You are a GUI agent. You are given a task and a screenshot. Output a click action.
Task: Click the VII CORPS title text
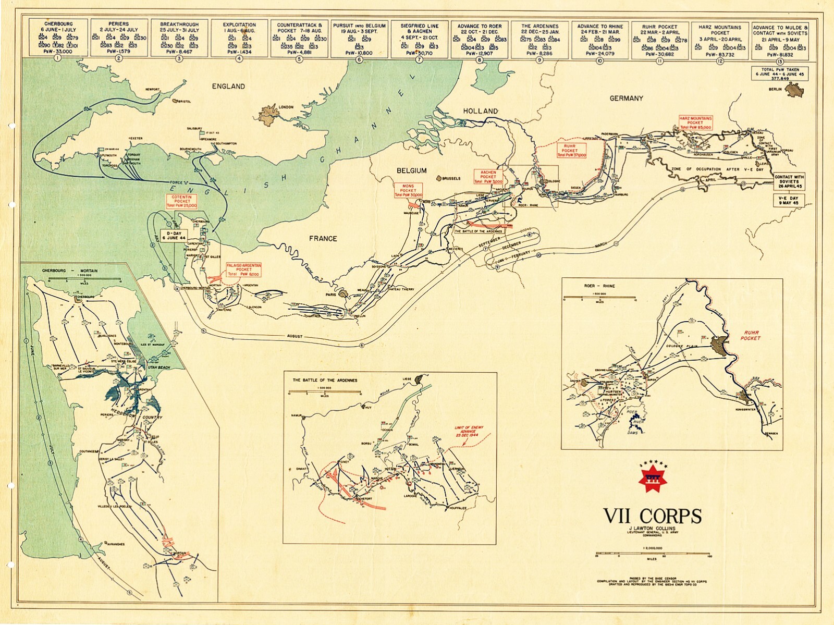[652, 516]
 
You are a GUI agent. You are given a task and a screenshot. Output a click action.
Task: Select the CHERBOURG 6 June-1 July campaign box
[58, 38]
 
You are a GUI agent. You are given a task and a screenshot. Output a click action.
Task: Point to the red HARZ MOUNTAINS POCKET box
[695, 123]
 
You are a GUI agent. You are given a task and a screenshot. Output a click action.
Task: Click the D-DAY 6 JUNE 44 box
[174, 235]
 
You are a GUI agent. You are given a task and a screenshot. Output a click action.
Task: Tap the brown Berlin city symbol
[794, 90]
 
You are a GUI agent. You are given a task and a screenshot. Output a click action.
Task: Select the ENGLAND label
[228, 86]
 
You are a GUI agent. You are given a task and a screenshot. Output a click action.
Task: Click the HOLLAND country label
[480, 111]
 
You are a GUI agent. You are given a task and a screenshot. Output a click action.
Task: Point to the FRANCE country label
[323, 239]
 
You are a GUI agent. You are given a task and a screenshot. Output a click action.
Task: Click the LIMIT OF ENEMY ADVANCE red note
[469, 431]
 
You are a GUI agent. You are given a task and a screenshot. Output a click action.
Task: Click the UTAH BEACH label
[159, 367]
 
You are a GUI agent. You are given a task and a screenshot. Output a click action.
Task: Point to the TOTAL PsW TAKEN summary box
[780, 73]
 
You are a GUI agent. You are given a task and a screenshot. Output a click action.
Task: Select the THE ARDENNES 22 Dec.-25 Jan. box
[539, 38]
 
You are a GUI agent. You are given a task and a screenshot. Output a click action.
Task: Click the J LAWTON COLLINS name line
[652, 529]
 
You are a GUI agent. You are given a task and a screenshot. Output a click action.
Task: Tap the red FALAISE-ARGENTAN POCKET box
[243, 269]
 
